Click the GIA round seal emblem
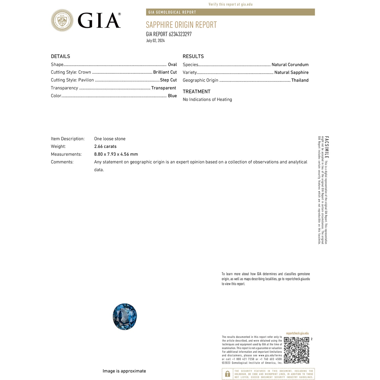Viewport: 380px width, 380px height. pyautogui.click(x=62, y=20)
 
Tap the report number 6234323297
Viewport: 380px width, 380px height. pyautogui.click(x=180, y=34)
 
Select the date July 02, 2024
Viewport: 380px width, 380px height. pyautogui.click(x=155, y=41)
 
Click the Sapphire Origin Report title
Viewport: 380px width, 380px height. pyautogui.click(x=181, y=25)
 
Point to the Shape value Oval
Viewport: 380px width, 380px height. pyautogui.click(x=172, y=65)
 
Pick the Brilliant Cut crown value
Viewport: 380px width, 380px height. pyautogui.click(x=165, y=72)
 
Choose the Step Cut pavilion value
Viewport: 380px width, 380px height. pyautogui.click(x=168, y=80)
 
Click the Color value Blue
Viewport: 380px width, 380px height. pyautogui.click(x=172, y=96)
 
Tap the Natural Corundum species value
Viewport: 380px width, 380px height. pyautogui.click(x=290, y=65)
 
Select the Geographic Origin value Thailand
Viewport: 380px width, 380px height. pyautogui.click(x=300, y=80)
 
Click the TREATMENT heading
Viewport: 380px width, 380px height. pyautogui.click(x=197, y=91)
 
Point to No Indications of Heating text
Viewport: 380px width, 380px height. pyautogui.click(x=207, y=100)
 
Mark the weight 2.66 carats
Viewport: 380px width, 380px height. pyautogui.click(x=105, y=146)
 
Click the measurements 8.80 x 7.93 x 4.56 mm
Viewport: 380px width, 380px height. pyautogui.click(x=116, y=154)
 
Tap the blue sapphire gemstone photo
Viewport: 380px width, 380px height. pyautogui.click(x=125, y=316)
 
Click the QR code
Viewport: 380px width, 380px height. pyautogui.click(x=296, y=350)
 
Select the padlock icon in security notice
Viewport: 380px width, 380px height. pyautogui.click(x=227, y=374)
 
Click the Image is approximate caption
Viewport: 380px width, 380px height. pyautogui.click(x=124, y=371)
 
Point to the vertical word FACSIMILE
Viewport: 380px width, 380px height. pyautogui.click(x=327, y=147)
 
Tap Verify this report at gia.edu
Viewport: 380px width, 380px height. pyautogui.click(x=231, y=4)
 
